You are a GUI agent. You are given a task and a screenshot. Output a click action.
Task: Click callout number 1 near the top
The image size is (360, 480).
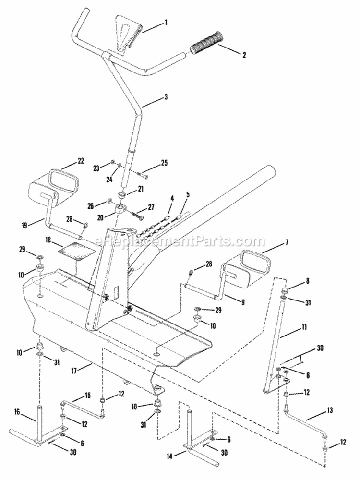click(166, 22)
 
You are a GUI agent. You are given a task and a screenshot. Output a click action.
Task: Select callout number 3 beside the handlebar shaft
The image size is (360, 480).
click(166, 97)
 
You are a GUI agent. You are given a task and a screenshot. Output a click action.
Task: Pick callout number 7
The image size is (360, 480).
click(287, 243)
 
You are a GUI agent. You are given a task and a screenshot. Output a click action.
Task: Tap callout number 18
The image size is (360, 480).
click(48, 238)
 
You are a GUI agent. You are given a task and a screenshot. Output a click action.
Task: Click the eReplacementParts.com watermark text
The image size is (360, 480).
click(180, 240)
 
